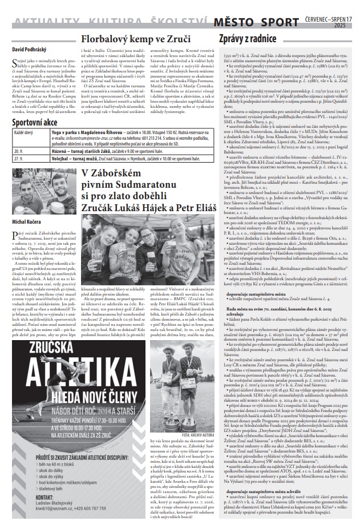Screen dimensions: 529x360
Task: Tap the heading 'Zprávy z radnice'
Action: click(x=248, y=39)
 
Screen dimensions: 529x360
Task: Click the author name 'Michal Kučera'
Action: click(x=27, y=204)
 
